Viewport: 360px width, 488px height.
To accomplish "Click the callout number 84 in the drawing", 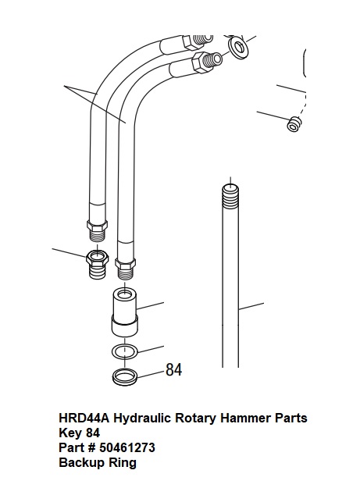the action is pyautogui.click(x=174, y=370).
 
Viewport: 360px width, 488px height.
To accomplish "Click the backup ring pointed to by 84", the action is pyautogui.click(x=124, y=381).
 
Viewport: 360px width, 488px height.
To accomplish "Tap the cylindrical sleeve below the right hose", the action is pyautogui.click(x=124, y=312).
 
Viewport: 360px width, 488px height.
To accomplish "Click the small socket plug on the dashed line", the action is pyautogui.click(x=294, y=124).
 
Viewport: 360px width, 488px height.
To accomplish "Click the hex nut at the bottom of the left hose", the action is pyautogui.click(x=97, y=225).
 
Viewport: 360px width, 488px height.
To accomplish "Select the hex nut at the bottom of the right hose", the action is pyautogui.click(x=125, y=264).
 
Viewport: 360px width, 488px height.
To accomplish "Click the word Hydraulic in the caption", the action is pyautogui.click(x=142, y=418).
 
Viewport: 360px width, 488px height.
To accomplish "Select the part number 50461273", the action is pyautogui.click(x=127, y=447).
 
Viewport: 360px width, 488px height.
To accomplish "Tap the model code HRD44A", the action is pyautogui.click(x=84, y=418).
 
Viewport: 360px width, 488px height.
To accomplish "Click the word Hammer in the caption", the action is pyautogui.click(x=245, y=418).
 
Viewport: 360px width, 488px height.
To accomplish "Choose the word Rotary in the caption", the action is pyautogui.click(x=196, y=419).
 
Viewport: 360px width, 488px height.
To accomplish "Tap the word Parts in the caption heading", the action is pyautogui.click(x=290, y=418).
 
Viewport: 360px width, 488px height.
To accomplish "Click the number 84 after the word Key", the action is pyautogui.click(x=93, y=433).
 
